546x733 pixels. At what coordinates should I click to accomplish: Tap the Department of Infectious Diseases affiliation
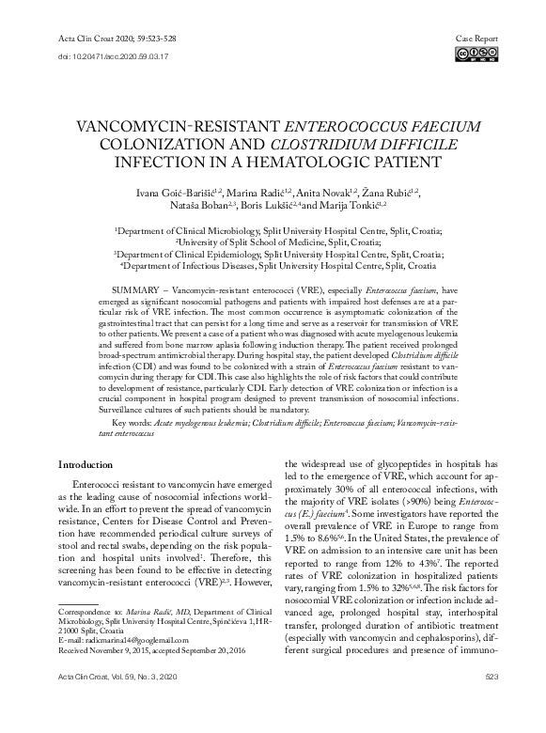coord(279,267)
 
